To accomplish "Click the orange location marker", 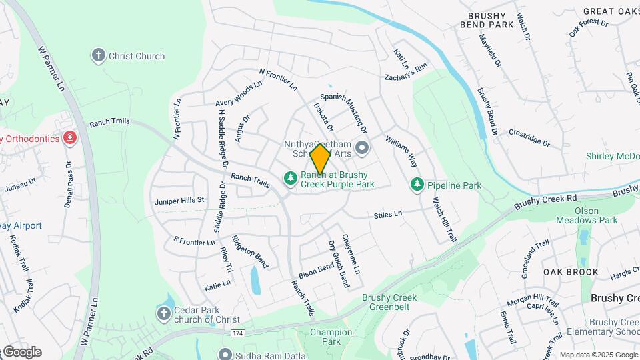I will (x=320, y=159).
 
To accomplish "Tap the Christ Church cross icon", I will (x=99, y=55).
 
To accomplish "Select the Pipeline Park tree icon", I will (x=417, y=183).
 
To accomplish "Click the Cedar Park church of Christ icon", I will (x=164, y=313).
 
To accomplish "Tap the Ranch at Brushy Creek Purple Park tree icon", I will (x=290, y=178).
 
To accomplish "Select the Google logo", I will (x=21, y=351).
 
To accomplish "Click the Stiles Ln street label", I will (x=388, y=215).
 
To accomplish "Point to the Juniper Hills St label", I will (x=179, y=200).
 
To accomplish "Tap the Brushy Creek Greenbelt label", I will (x=389, y=303).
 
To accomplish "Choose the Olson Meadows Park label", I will (x=587, y=215).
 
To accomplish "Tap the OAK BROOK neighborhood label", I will (x=571, y=272).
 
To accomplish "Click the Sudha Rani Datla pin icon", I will (x=225, y=353).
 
